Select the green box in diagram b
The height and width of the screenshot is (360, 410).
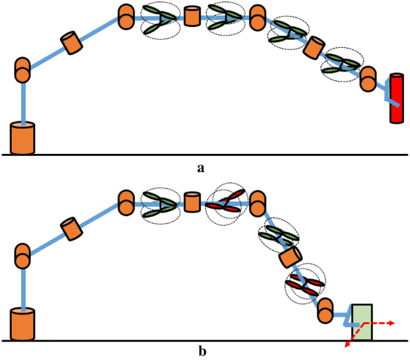click(x=362, y=322)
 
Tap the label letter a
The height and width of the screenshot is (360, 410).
click(x=201, y=168)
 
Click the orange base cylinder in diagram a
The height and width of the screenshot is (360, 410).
click(x=23, y=138)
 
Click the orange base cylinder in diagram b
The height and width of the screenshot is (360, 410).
click(x=23, y=324)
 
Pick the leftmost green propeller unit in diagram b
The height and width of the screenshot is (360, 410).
click(x=160, y=204)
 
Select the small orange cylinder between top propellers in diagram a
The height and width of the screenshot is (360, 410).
click(x=192, y=16)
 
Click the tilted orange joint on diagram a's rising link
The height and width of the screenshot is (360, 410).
click(x=72, y=43)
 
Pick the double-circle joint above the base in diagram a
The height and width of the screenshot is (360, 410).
click(x=23, y=69)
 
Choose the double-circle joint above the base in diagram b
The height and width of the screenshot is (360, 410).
click(x=23, y=256)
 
